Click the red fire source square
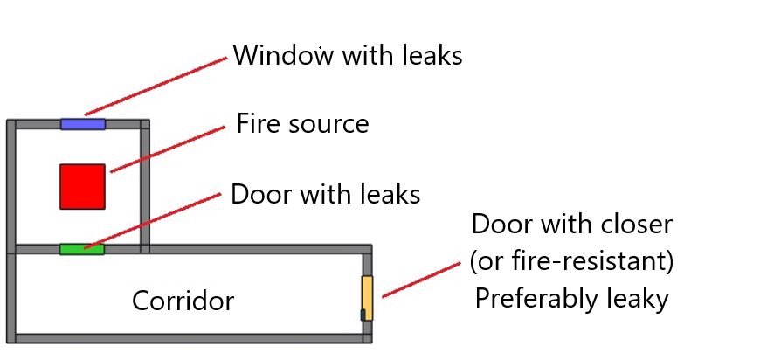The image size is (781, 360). (82, 186)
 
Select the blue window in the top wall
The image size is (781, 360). (83, 124)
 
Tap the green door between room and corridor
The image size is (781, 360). (81, 249)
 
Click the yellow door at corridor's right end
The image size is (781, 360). (368, 297)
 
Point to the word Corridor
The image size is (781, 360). (183, 301)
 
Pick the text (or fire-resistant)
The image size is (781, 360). (571, 261)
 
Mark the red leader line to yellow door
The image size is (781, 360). (420, 280)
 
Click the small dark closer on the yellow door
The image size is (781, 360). (363, 315)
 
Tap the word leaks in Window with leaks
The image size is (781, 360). (427, 56)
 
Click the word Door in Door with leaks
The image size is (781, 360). (259, 194)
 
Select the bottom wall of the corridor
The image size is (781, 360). (188, 338)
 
